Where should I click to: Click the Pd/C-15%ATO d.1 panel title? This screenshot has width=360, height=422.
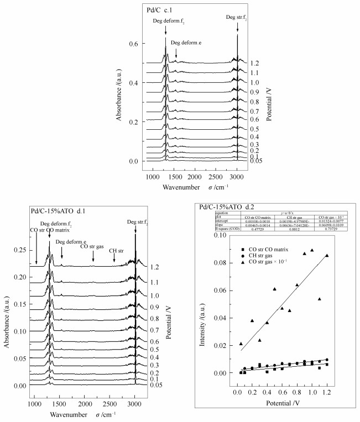point(55,210)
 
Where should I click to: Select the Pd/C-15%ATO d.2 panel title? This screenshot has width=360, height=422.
point(227,208)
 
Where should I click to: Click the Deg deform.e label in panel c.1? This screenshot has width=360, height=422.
point(187,42)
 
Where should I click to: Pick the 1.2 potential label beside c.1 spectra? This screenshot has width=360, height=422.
point(254,64)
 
